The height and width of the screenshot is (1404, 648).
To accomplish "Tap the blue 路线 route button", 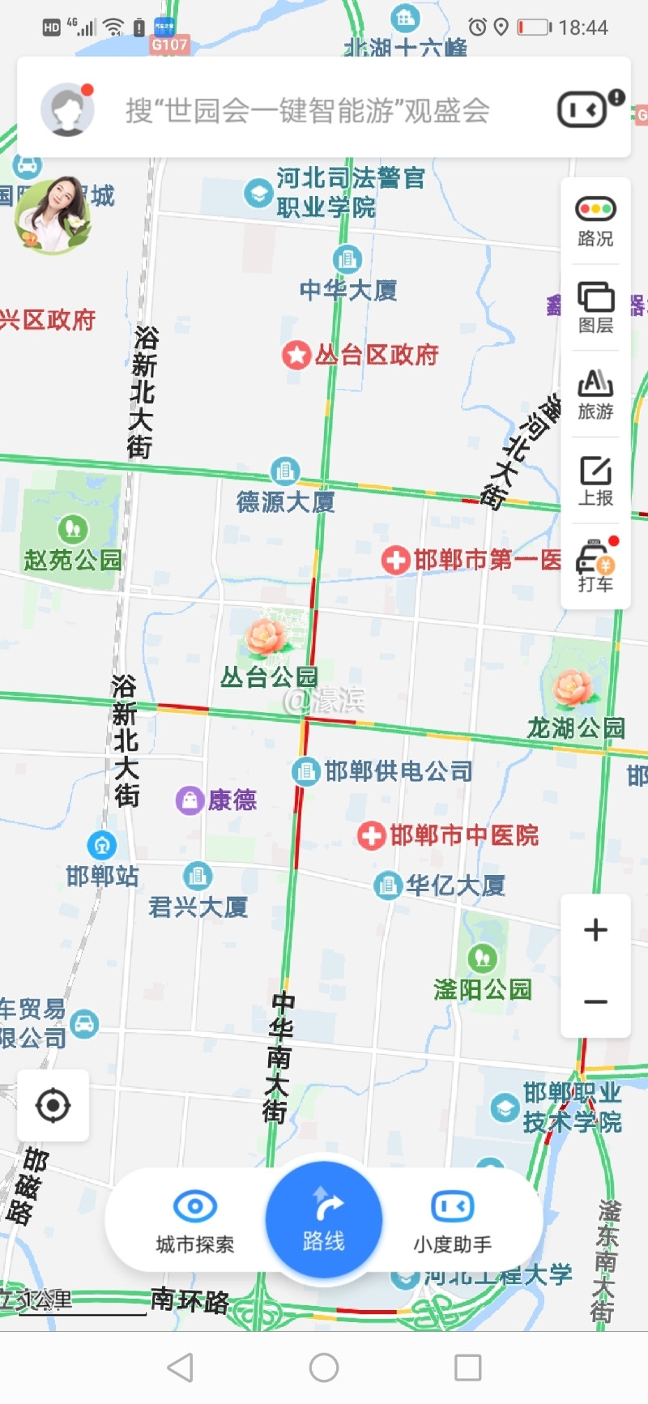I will (323, 1219).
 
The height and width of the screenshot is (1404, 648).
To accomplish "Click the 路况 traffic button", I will (595, 220).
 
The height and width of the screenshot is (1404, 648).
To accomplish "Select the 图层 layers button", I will (595, 307).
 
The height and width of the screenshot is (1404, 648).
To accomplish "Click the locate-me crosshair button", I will (53, 1105).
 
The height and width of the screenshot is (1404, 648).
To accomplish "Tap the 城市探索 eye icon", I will (195, 1206).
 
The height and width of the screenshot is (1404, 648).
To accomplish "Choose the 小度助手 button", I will (452, 1206).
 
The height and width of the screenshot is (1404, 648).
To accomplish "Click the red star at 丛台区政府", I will (296, 355).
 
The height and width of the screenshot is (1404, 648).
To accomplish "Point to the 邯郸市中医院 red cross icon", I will (372, 835).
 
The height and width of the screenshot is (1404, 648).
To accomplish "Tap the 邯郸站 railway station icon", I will (102, 845).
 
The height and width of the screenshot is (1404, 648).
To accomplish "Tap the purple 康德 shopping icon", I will (190, 800).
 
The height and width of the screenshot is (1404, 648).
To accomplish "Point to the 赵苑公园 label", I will (73, 560).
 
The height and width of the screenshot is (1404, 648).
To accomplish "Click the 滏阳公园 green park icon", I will (483, 958).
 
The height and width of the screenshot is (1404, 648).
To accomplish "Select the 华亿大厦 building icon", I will (388, 885).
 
